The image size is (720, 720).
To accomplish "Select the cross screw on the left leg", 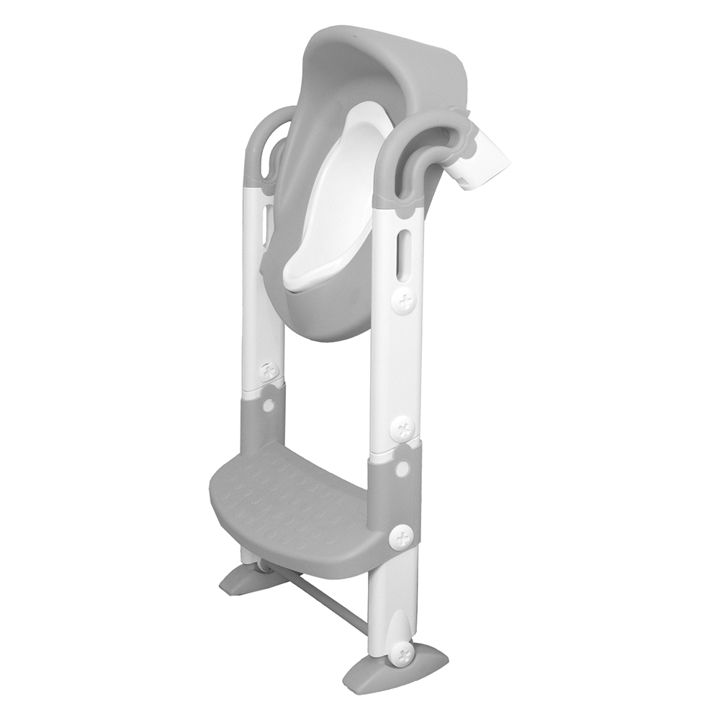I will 271,372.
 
